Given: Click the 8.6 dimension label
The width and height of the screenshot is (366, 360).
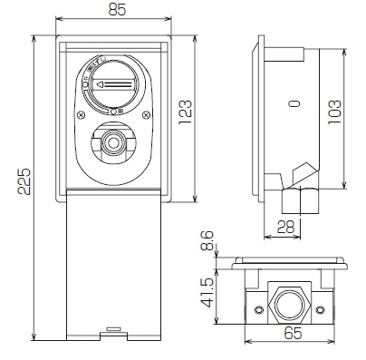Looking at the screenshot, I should click(207, 241).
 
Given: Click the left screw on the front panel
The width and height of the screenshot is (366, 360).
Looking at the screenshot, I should click(82, 114).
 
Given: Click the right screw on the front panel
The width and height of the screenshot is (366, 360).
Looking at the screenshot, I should click(143, 114).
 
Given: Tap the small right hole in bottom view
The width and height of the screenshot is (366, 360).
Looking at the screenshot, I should click(323, 310).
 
